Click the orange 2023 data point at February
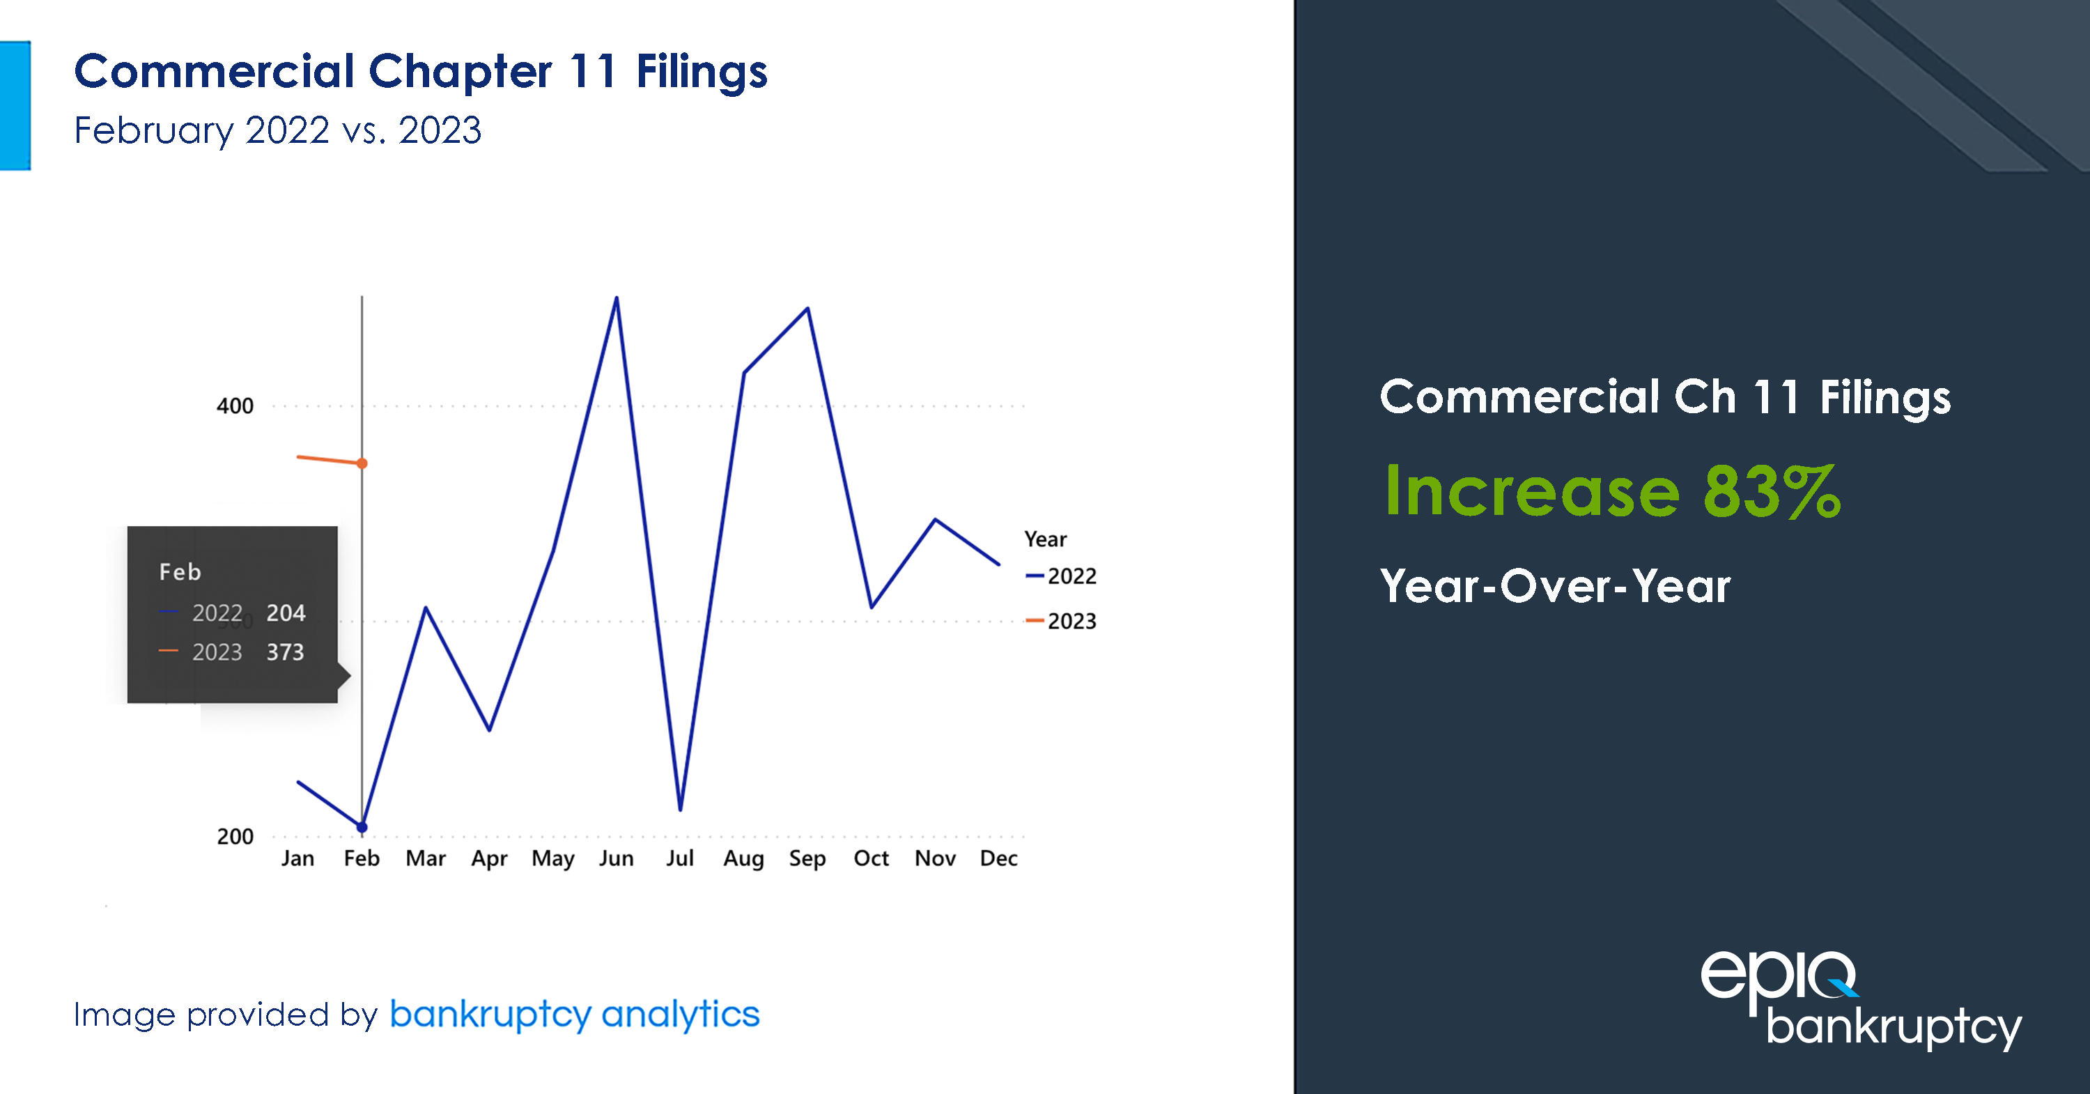pos(362,463)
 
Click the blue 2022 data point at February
pos(362,827)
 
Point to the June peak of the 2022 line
pos(617,299)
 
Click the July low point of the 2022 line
pos(680,809)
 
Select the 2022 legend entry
pos(1071,576)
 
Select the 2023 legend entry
pos(1071,622)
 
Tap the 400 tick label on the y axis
pos(235,406)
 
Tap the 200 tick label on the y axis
pos(235,837)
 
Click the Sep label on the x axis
pos(807,858)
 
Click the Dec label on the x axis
pos(998,858)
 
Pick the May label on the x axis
pos(552,858)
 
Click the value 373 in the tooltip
pos(285,652)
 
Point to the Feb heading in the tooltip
pos(180,572)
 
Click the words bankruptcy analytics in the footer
pos(575,1015)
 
